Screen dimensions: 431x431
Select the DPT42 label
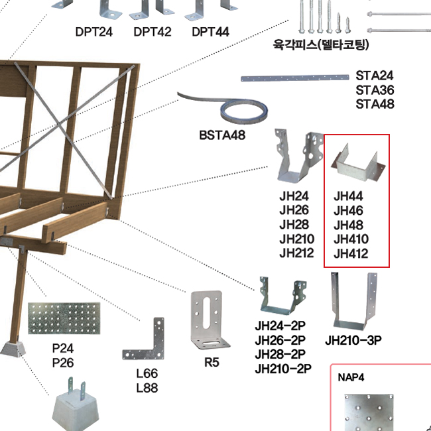pos(152,32)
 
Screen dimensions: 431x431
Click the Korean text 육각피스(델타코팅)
pos(321,45)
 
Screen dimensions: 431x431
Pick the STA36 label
pos(375,90)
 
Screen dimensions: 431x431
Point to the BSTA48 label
pos(222,135)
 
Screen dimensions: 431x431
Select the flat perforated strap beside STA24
pos(294,78)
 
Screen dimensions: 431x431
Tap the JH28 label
pos(294,225)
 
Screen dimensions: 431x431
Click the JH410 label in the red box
pos(351,239)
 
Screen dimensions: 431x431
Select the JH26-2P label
pos(280,340)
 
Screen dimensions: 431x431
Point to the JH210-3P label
pos(353,340)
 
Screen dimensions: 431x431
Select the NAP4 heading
pos(351,377)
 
